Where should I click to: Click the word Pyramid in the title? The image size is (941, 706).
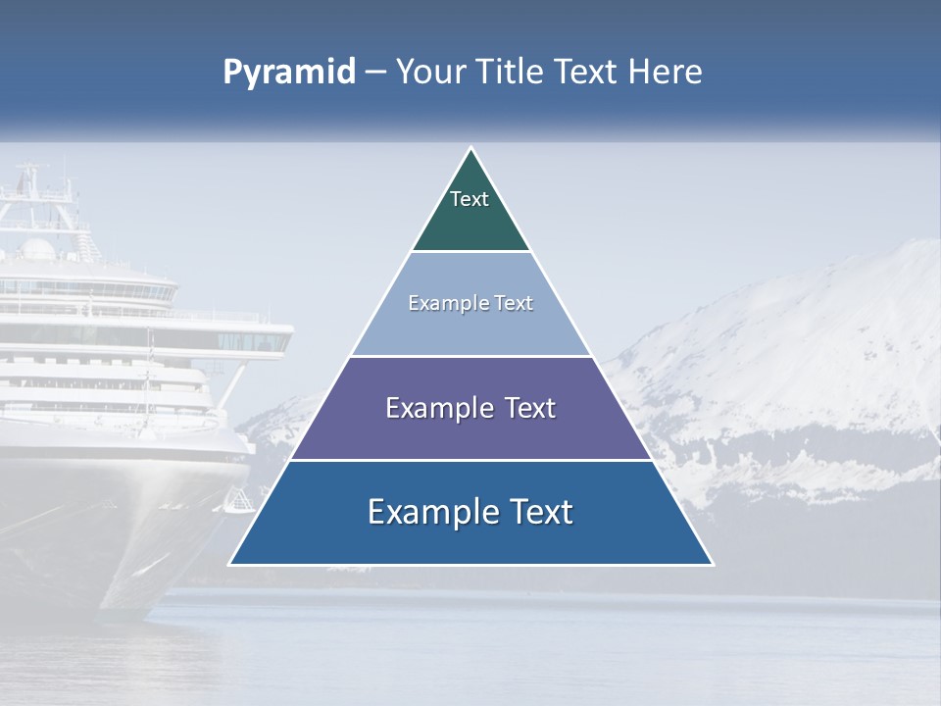(288, 73)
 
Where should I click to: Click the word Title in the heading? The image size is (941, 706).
(512, 73)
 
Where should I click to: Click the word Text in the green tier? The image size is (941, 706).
(469, 199)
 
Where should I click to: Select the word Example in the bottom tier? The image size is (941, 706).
(426, 512)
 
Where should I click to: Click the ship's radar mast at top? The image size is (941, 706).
(32, 181)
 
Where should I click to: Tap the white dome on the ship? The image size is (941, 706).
(38, 249)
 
